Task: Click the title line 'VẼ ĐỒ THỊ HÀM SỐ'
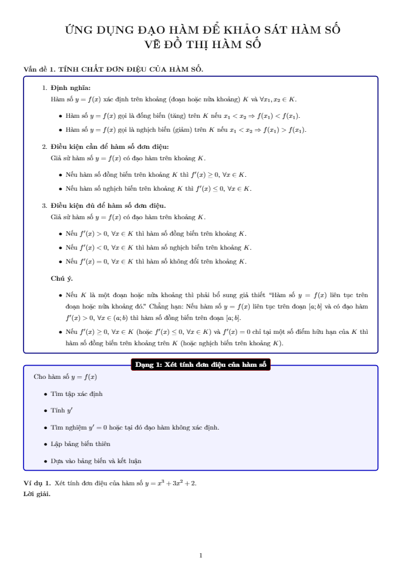coord(203,44)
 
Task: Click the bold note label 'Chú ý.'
coord(61,278)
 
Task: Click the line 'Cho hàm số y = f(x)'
coord(65,378)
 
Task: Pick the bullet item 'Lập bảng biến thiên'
coord(81,444)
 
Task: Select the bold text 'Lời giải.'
coord(36,494)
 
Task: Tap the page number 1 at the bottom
coord(200,555)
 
